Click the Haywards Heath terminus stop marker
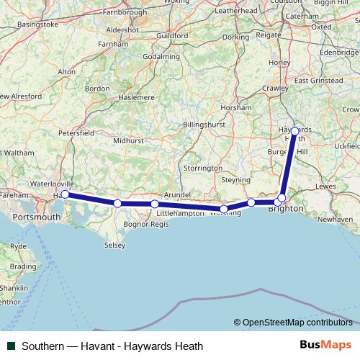click(x=295, y=131)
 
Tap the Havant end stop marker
click(x=66, y=194)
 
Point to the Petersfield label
click(x=76, y=133)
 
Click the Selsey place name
click(x=114, y=245)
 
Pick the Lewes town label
click(x=325, y=186)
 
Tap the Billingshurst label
click(x=204, y=125)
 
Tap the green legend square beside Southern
click(x=11, y=346)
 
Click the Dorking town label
click(x=235, y=37)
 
